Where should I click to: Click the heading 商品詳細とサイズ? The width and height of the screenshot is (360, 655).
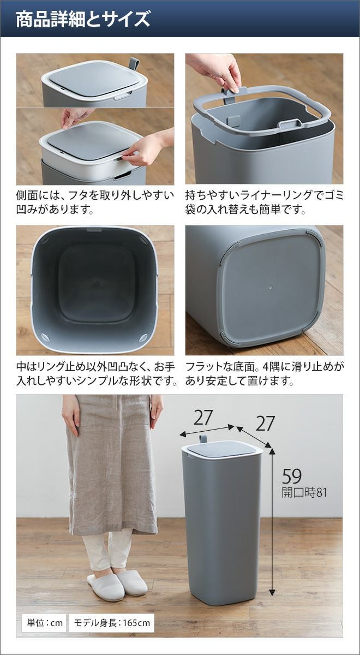[83, 19]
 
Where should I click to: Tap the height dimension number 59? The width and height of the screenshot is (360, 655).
[292, 476]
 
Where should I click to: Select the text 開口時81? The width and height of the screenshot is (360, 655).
[304, 492]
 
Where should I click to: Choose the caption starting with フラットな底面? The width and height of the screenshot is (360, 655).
[265, 374]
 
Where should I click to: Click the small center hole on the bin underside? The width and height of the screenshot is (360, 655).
[271, 288]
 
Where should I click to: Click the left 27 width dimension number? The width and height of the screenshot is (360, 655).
[202, 418]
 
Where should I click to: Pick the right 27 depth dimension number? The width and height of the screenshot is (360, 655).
[265, 424]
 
